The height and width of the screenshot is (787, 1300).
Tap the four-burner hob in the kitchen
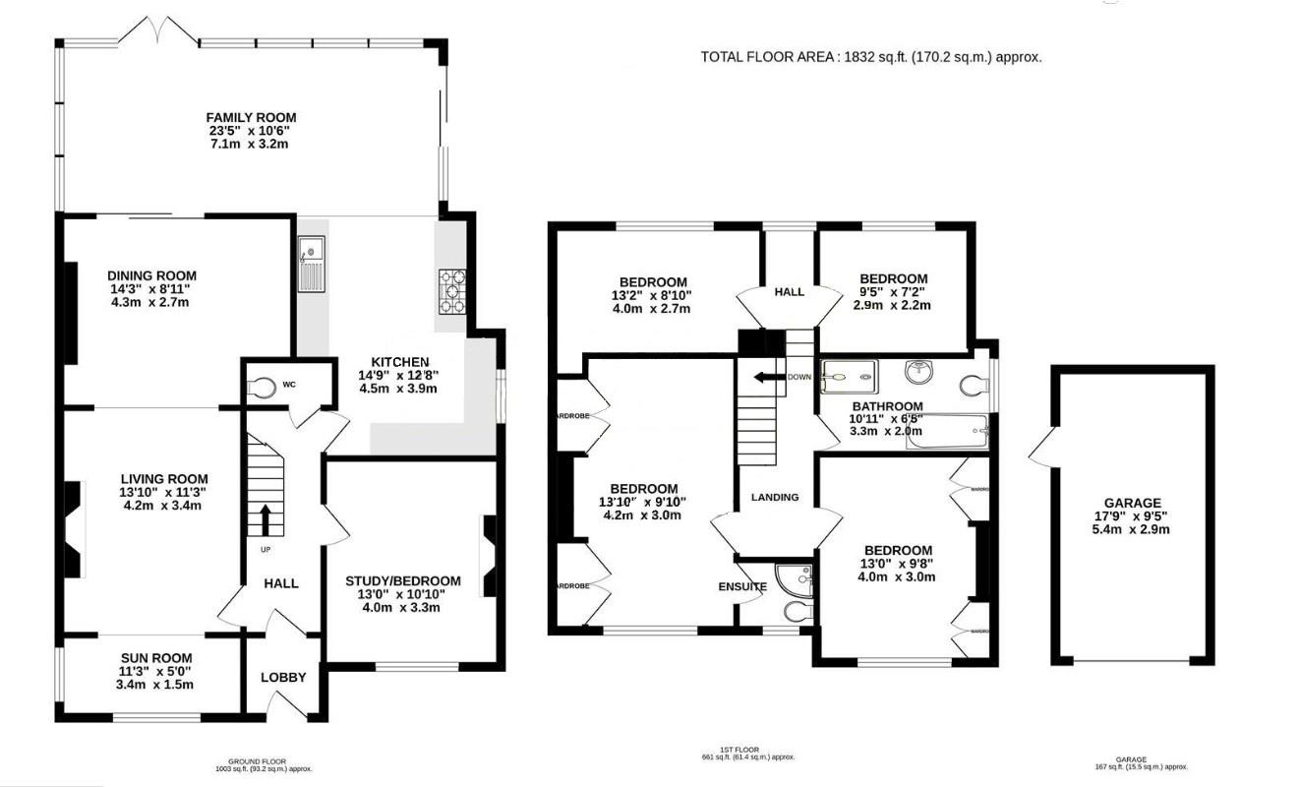click(x=452, y=291)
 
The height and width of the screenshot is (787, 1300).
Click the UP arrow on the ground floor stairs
click(x=266, y=518)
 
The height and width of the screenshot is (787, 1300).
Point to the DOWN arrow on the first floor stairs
click(x=765, y=377)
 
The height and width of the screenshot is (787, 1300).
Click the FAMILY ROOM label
click(x=251, y=118)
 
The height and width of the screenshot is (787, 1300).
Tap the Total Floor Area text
click(x=870, y=57)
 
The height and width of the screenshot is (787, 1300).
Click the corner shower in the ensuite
click(x=795, y=578)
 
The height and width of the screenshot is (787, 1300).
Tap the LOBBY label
click(x=283, y=678)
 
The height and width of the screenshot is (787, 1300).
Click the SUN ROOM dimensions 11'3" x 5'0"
click(x=156, y=672)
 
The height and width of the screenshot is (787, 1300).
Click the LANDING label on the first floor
click(x=775, y=498)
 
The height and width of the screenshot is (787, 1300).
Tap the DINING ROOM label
click(x=152, y=275)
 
